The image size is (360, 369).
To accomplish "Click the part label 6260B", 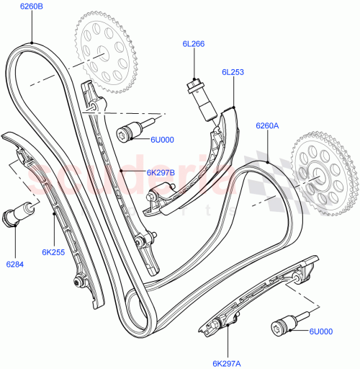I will tap(32, 8).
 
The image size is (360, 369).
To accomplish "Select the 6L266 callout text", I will tap(193, 45).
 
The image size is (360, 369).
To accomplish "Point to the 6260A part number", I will tap(266, 125).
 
